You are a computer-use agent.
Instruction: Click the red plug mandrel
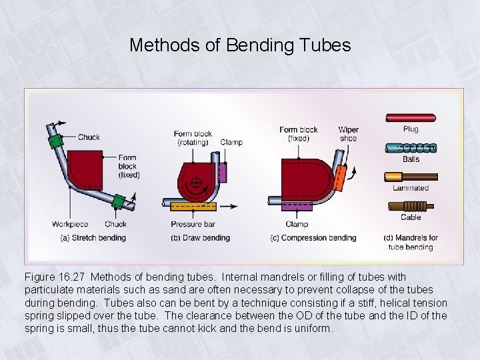coord(411,118)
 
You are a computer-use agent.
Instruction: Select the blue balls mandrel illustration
coord(411,148)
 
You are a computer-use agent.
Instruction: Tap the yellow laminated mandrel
coord(411,177)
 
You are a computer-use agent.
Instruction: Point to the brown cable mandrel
coord(411,207)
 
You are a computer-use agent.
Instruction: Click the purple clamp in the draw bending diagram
coord(223,172)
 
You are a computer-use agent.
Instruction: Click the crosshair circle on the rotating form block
coord(197,182)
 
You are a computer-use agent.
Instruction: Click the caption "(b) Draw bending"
coord(200,238)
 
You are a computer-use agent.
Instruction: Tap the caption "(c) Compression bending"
coord(313,238)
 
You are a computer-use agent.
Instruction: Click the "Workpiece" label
coord(70,224)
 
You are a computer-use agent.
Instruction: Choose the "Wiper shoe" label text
coord(348,134)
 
